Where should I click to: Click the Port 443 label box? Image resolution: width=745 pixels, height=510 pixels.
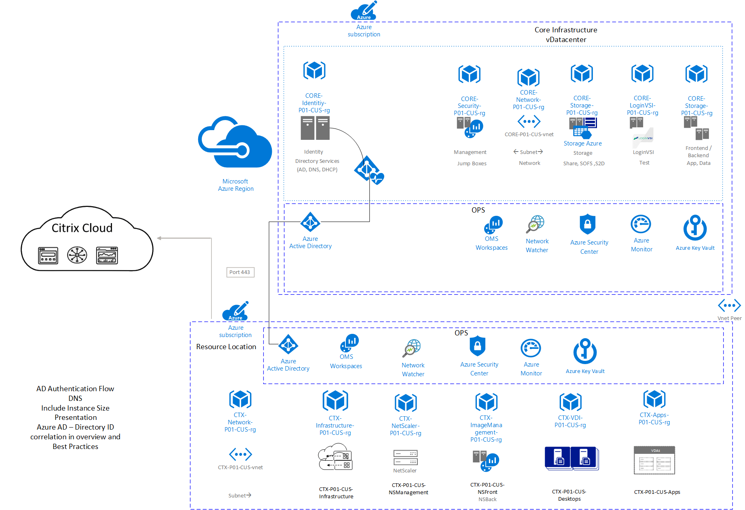tap(240, 272)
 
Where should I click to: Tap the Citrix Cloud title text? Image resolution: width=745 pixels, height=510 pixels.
tap(82, 228)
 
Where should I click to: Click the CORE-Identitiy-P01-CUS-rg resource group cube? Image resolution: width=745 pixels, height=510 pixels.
tap(314, 71)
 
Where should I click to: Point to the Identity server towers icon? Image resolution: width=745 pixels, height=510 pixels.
tap(315, 128)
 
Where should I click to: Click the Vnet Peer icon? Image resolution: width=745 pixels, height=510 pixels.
tap(729, 306)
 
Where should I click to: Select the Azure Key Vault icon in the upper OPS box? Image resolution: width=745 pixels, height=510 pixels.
tap(695, 228)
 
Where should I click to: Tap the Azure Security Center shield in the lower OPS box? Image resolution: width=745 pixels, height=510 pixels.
tap(477, 346)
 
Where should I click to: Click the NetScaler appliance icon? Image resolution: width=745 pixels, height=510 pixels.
tap(405, 458)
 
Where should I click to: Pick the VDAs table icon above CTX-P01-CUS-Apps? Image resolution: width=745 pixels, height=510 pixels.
tap(654, 460)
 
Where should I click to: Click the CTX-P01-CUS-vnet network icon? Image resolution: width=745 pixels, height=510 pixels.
tap(240, 454)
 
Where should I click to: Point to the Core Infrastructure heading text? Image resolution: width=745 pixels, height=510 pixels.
tap(565, 30)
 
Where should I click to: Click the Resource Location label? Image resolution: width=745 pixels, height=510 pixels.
tap(226, 347)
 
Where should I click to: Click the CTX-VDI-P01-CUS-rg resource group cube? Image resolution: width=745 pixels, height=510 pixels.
tap(570, 402)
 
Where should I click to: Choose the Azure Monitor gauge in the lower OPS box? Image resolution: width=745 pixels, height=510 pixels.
tap(531, 348)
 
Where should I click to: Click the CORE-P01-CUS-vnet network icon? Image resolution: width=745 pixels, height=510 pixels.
tap(529, 121)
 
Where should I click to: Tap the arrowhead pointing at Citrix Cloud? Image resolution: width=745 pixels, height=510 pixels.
tap(159, 238)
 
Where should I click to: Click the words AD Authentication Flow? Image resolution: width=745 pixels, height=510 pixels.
tap(75, 389)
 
